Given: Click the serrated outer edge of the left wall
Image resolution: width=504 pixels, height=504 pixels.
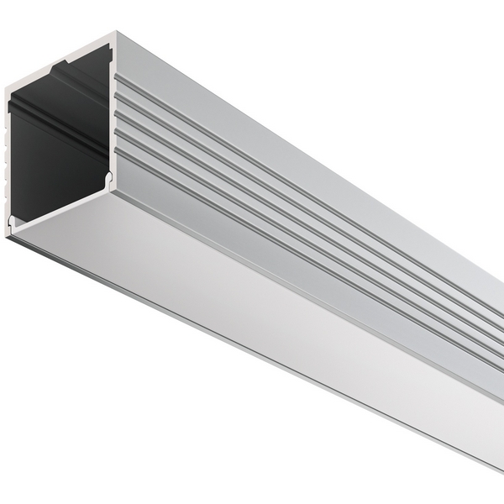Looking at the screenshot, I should pos(8,160).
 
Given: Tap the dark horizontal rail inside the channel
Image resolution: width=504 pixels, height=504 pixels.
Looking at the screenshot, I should pos(50,118).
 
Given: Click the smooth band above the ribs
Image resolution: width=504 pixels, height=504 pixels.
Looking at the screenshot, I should pos(294,134).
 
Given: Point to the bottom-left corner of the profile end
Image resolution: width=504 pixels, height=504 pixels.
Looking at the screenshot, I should pos(8,235).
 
